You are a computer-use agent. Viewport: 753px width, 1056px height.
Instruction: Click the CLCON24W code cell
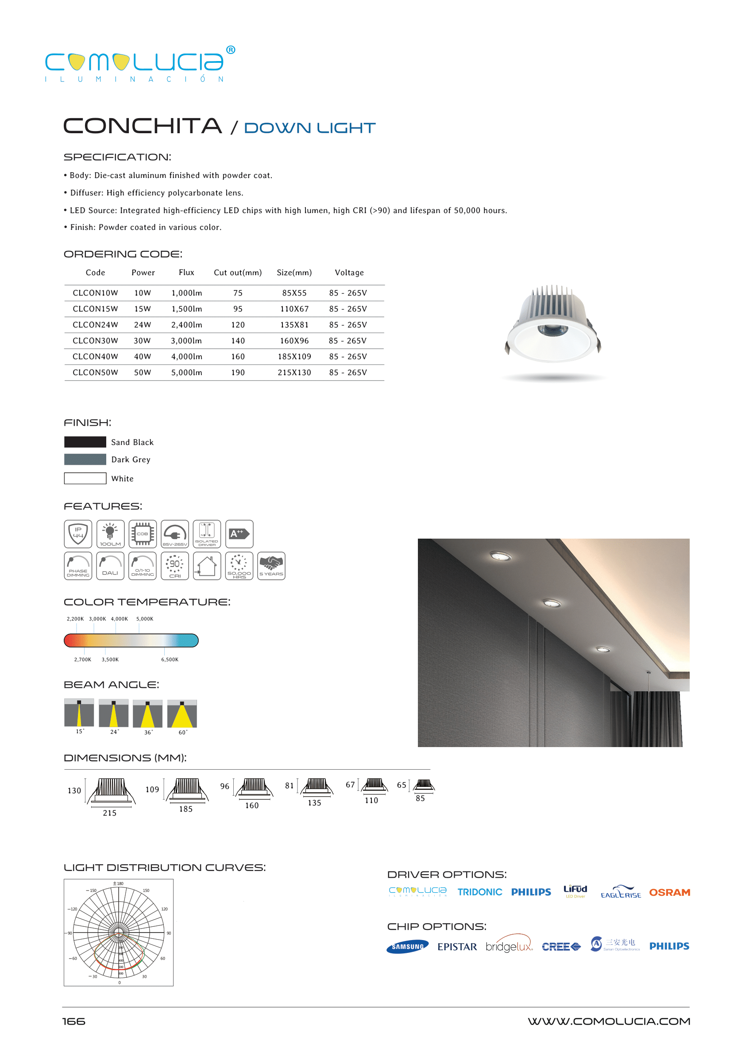pyautogui.click(x=95, y=324)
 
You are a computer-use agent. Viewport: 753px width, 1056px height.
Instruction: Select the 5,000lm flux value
pyautogui.click(x=186, y=372)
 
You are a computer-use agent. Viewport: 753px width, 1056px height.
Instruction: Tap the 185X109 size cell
pyautogui.click(x=294, y=356)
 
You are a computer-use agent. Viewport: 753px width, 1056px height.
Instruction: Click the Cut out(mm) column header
pyautogui.click(x=237, y=273)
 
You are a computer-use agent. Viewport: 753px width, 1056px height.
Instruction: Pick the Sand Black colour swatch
pyautogui.click(x=85, y=442)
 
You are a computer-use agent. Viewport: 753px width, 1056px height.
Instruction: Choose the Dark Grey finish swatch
pyautogui.click(x=85, y=459)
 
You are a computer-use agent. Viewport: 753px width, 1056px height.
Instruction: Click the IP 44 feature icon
pyautogui.click(x=78, y=534)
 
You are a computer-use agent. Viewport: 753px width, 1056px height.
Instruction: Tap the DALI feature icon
pyautogui.click(x=110, y=566)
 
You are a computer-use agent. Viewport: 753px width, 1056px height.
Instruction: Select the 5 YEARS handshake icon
pyautogui.click(x=271, y=566)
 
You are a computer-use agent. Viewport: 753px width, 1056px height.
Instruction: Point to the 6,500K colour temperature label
pyautogui.click(x=170, y=659)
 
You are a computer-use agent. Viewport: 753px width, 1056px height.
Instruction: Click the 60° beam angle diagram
pyautogui.click(x=182, y=714)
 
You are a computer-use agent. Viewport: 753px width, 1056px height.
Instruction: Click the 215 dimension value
pyautogui.click(x=109, y=813)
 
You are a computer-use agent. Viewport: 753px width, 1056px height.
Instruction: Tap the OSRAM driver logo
pyautogui.click(x=669, y=892)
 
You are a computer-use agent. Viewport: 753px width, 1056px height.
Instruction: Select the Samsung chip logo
pyautogui.click(x=407, y=947)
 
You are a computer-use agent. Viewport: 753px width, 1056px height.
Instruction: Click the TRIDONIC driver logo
pyautogui.click(x=479, y=892)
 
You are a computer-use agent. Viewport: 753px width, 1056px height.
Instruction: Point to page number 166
pyautogui.click(x=74, y=1021)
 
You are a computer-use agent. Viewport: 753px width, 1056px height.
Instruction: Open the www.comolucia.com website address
pyautogui.click(x=608, y=1021)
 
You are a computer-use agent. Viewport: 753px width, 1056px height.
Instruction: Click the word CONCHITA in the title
pyautogui.click(x=143, y=126)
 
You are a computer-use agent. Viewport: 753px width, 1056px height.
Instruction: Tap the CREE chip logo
pyautogui.click(x=560, y=947)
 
